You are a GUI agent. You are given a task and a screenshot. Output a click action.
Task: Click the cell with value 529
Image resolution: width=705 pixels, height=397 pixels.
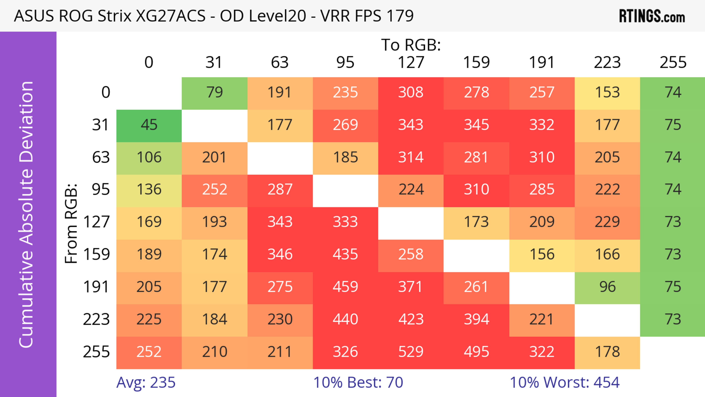click(x=411, y=352)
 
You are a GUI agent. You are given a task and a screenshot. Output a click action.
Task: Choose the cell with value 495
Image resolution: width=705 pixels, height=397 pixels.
click(x=476, y=352)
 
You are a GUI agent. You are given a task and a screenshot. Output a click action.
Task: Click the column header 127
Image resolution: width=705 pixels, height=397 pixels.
click(x=411, y=62)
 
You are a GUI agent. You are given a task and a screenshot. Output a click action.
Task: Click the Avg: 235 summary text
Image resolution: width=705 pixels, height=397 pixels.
click(x=146, y=382)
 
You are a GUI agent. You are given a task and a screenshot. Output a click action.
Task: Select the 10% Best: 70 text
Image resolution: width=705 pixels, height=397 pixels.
click(x=358, y=382)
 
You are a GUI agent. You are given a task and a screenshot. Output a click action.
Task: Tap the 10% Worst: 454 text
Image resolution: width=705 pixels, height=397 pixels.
click(x=564, y=382)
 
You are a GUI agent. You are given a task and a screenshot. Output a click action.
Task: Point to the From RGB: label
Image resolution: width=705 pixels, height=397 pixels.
click(x=71, y=223)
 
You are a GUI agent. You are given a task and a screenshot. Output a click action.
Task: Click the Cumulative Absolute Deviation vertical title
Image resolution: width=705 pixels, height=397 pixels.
click(x=27, y=214)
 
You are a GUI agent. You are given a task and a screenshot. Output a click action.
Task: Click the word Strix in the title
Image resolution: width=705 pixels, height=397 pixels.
click(x=114, y=16)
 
